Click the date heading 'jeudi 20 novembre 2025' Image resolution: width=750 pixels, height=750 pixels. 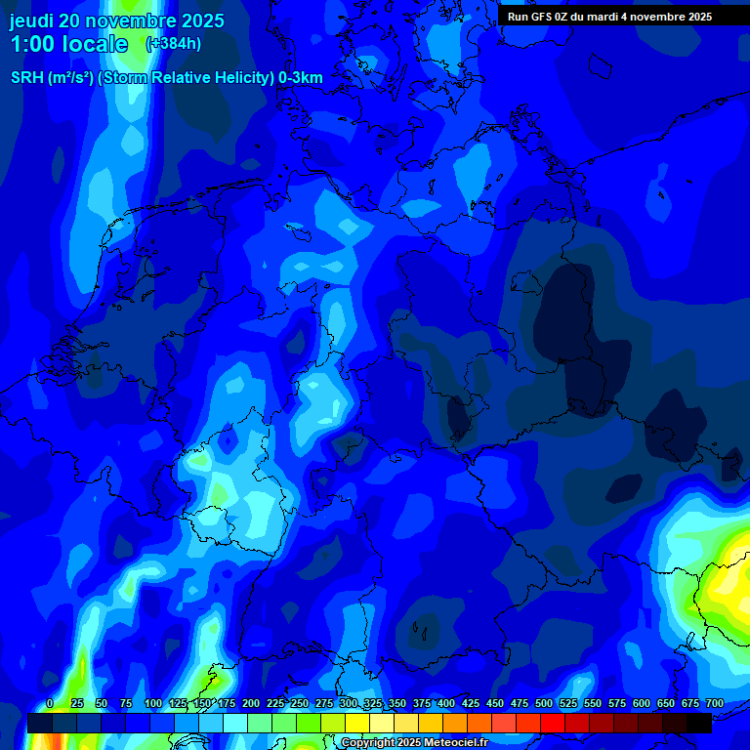(117, 21)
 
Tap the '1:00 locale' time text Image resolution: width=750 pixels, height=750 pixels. (69, 44)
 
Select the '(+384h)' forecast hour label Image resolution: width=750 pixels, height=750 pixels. (174, 44)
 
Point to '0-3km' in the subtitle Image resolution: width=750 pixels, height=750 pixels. (301, 78)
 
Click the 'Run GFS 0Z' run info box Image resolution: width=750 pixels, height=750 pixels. (609, 17)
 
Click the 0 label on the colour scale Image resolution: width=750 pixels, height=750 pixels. (50, 703)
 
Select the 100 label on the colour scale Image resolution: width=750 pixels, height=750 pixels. (153, 703)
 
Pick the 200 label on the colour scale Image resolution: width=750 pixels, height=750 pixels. (251, 703)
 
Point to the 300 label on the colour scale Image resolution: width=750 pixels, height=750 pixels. (349, 703)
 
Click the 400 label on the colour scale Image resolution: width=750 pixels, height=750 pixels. (446, 703)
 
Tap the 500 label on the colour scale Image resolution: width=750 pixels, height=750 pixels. (544, 703)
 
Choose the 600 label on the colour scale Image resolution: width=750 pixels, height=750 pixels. (642, 703)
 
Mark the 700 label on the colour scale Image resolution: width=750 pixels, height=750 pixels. (715, 703)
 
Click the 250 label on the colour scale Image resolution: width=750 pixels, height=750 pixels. (300, 703)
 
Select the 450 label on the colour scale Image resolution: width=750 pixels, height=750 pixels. (495, 703)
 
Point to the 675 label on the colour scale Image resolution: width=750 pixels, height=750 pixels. (690, 703)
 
